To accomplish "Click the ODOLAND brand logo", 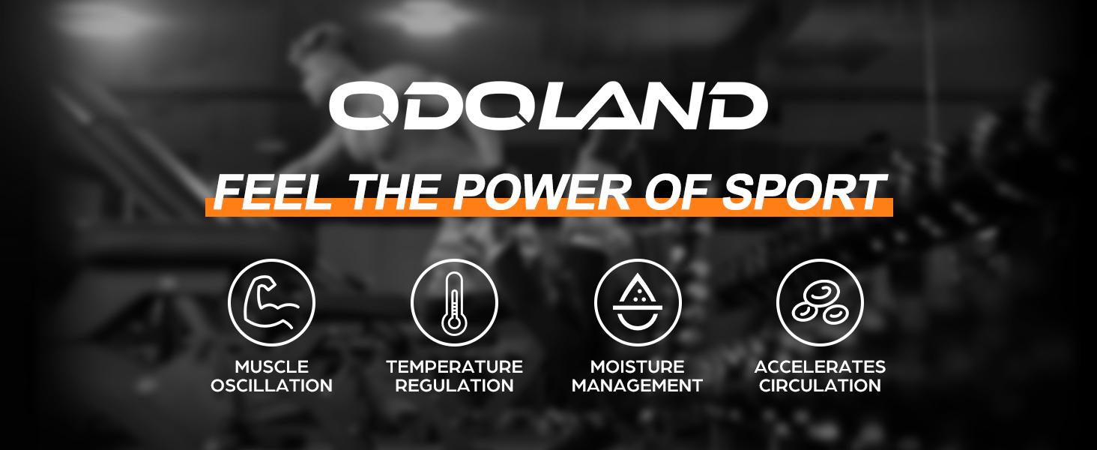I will pos(548,106).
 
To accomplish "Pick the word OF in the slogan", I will pos(679,192).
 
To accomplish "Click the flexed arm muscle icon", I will pos(271,302).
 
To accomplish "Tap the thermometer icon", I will pos(454,302).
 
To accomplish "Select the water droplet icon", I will pos(637,302).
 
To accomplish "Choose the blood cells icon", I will pos(820,302).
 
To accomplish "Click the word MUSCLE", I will pos(271,367).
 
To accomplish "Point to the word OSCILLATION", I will pos(271,386).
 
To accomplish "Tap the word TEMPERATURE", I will pos(454,367).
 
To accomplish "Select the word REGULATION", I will pos(454,386).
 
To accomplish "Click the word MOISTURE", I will pos(637,367).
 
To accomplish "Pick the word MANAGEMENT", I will pos(637,386).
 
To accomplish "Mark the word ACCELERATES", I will pos(820,367).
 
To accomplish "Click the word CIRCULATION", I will pos(820,386).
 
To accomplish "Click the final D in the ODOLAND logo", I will pos(736,106).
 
